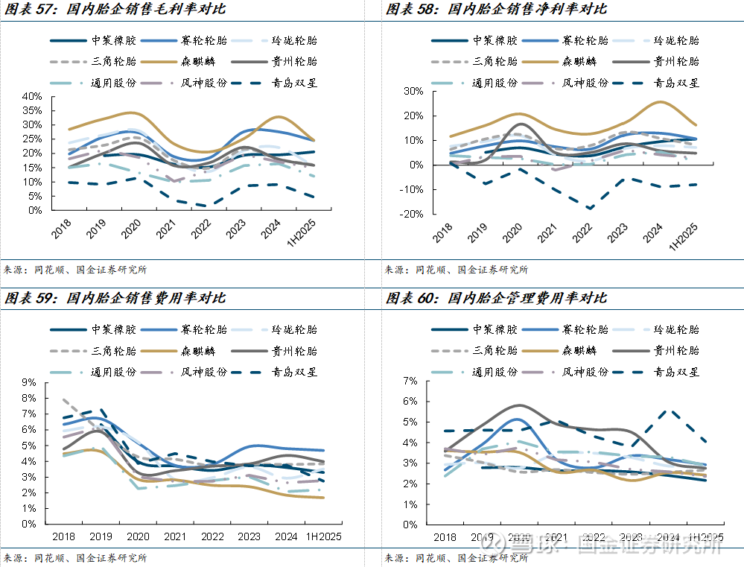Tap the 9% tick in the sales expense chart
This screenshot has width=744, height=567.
pyautogui.click(x=30, y=382)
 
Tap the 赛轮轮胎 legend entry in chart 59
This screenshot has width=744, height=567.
pyautogui.click(x=200, y=330)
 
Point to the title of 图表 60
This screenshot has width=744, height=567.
pyautogui.click(x=496, y=298)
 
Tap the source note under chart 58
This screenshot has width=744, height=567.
pyautogui.click(x=456, y=270)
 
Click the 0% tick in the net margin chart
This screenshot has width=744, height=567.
pyautogui.click(x=415, y=165)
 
